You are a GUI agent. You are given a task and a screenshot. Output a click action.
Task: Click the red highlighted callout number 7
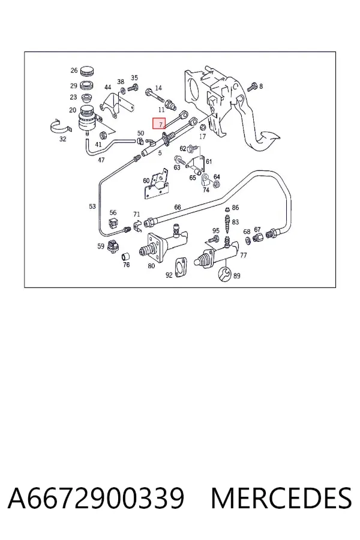[159, 123]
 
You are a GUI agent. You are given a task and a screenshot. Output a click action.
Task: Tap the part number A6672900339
[96, 498]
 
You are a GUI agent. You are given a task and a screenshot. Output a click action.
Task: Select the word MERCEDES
[281, 498]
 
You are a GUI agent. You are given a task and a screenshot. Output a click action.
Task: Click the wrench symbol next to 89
[225, 274]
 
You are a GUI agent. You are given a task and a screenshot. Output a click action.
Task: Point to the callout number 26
[74, 70]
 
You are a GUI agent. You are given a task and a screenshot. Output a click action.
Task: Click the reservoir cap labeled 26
[87, 71]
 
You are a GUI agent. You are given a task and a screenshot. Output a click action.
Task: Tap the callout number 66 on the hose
[178, 207]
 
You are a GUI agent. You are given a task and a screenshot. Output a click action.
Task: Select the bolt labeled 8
[253, 86]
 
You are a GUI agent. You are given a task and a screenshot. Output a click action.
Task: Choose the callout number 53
[92, 206]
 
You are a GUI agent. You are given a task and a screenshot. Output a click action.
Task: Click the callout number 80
[151, 266]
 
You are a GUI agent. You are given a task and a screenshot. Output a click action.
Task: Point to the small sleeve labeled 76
[126, 257]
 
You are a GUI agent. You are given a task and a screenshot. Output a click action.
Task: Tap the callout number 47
[101, 160]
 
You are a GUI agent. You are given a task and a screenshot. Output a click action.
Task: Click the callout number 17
[203, 136]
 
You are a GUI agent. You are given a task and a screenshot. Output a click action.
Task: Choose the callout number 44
[108, 88]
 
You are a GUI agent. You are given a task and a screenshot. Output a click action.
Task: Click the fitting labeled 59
[113, 246]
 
